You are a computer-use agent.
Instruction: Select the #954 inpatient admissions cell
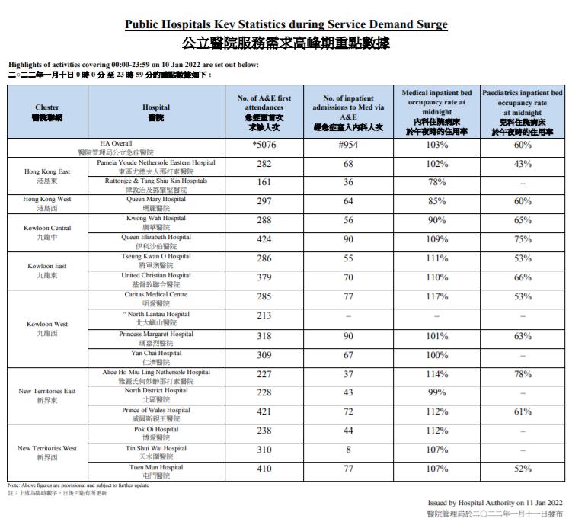tap(347, 145)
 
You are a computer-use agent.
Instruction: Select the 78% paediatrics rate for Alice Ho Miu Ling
tap(523, 373)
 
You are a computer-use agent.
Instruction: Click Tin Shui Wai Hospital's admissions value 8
tap(347, 450)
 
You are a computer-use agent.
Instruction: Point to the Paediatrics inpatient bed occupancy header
tap(523, 112)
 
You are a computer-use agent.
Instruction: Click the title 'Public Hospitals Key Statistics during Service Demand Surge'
tap(286, 24)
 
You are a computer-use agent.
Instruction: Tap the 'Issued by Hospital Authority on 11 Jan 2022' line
tap(495, 503)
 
